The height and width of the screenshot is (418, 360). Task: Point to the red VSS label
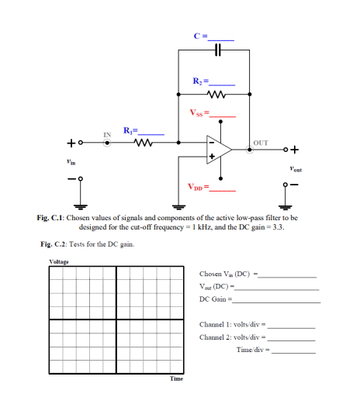click(199, 115)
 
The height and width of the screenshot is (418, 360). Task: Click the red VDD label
click(198, 187)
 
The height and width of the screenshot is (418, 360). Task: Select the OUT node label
click(261, 143)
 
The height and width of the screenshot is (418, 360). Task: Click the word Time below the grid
click(176, 378)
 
